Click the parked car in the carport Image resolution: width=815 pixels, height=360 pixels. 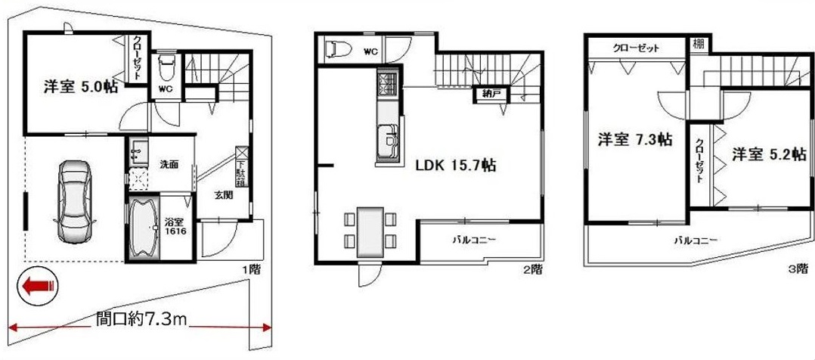coord(75,202)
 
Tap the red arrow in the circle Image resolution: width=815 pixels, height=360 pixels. coord(38,286)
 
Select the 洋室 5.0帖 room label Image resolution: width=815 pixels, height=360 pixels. coord(81,87)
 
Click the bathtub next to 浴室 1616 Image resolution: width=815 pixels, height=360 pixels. coord(143,228)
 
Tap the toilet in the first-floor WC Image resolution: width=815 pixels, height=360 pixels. coord(166,66)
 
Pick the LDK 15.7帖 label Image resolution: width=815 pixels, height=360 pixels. coord(455,166)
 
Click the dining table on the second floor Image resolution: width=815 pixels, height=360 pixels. coord(370,232)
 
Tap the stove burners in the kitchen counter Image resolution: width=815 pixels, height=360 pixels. coord(388,84)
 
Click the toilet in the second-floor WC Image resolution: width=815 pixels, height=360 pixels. coord(337,49)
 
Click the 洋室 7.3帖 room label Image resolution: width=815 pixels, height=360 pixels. coord(634,139)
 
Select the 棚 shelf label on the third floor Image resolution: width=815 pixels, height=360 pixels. coord(698,44)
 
